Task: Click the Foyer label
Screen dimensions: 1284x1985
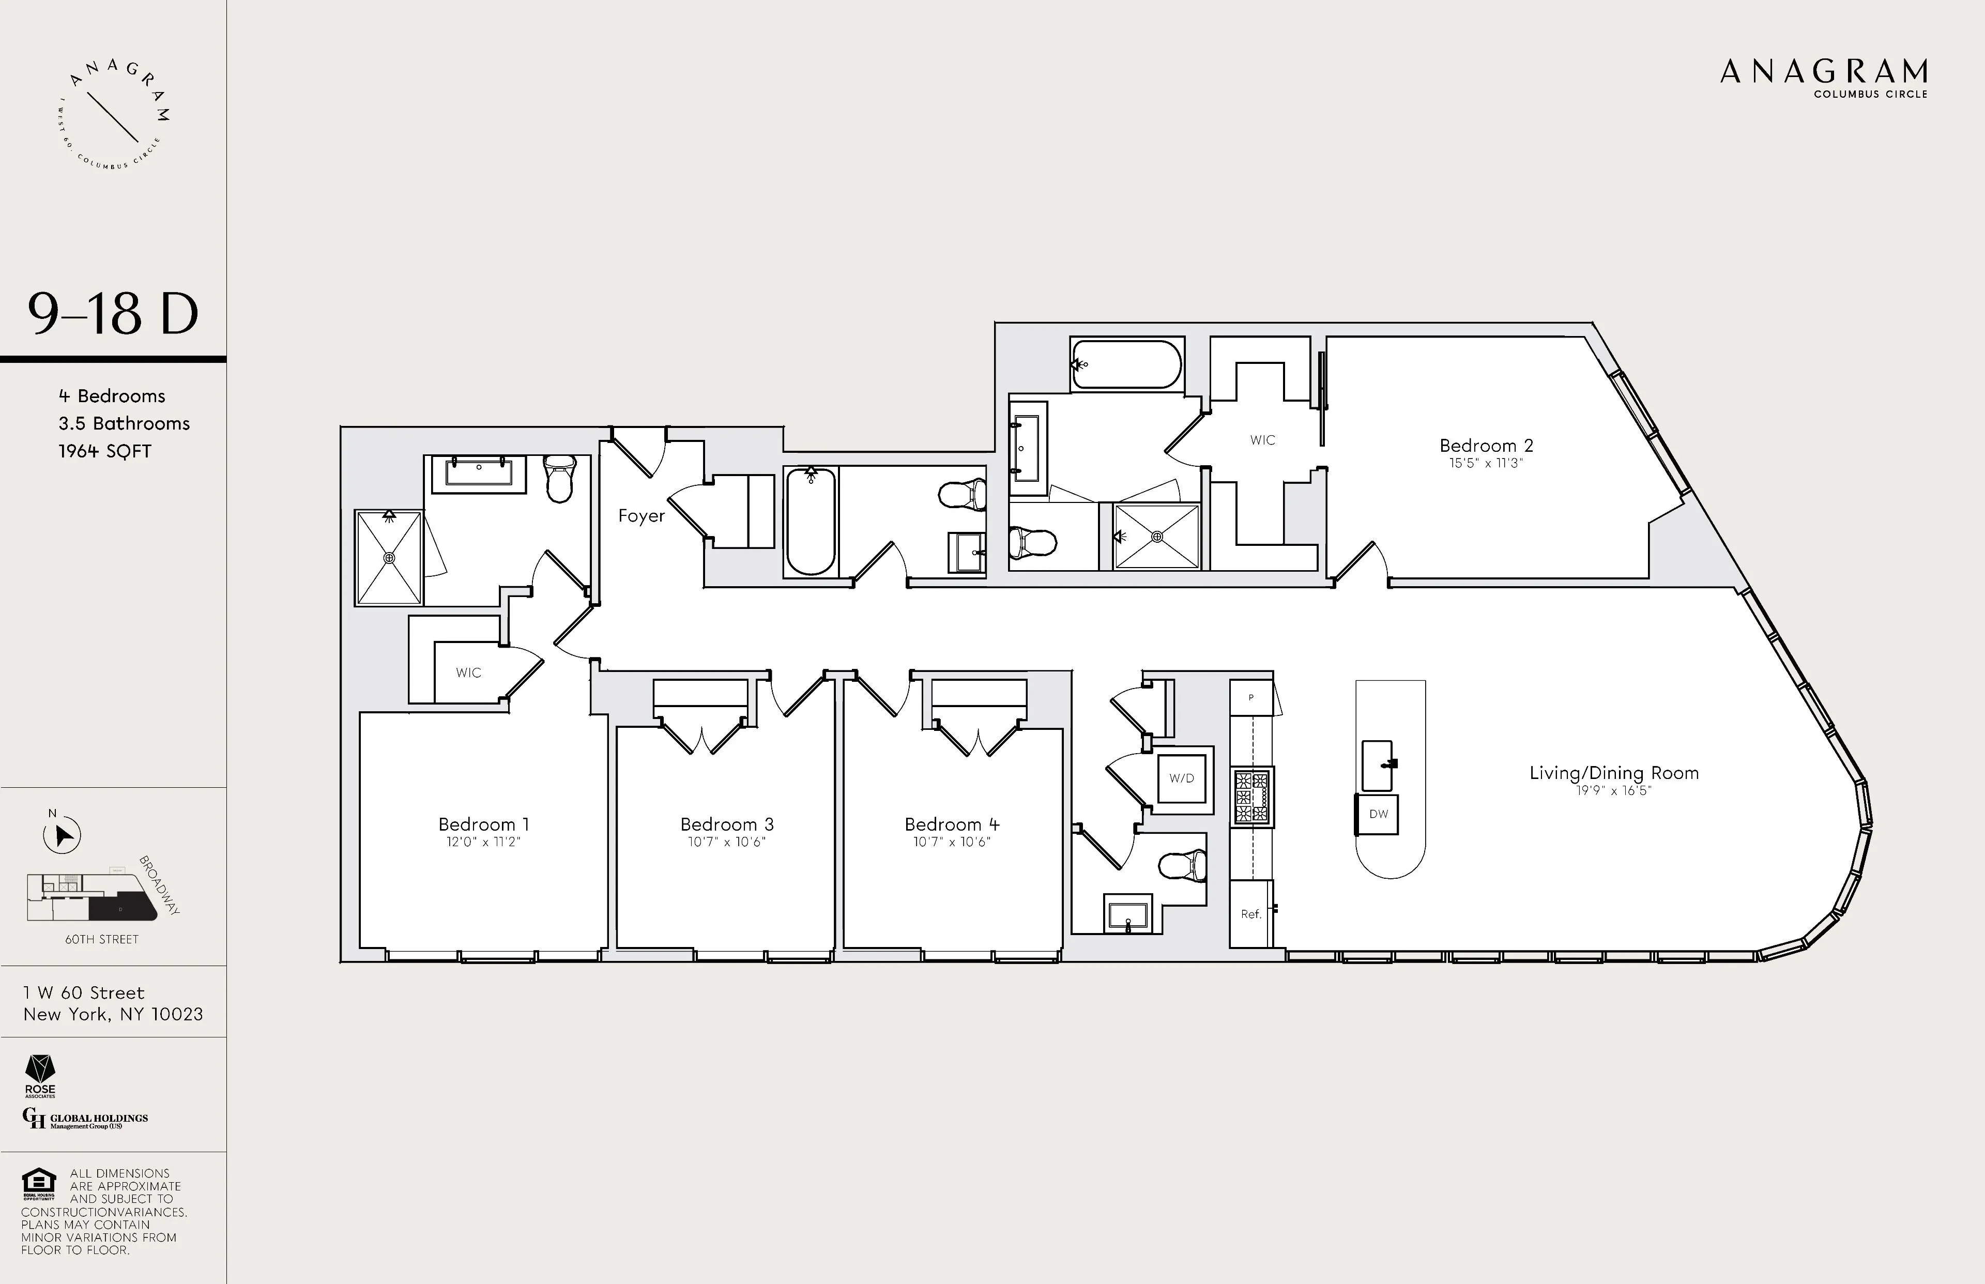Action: (x=641, y=516)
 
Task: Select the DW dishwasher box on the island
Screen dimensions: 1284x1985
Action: (x=1378, y=814)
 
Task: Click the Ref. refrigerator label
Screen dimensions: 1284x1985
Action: (x=1250, y=914)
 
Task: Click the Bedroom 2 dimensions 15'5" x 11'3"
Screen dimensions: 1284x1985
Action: (x=1486, y=464)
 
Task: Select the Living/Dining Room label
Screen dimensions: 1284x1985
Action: (x=1613, y=773)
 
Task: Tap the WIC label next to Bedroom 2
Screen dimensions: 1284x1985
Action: (x=1262, y=440)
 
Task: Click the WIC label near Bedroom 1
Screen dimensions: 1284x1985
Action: (x=468, y=673)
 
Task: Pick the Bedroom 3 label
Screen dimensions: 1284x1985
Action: (x=727, y=824)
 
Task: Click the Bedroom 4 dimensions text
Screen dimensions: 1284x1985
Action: (x=951, y=842)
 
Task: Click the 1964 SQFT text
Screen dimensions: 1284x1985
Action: (x=105, y=451)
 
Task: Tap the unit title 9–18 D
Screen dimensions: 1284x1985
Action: (x=113, y=314)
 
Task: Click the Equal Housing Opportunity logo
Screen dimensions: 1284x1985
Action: (x=38, y=1182)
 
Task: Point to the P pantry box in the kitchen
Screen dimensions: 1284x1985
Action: (x=1250, y=698)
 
